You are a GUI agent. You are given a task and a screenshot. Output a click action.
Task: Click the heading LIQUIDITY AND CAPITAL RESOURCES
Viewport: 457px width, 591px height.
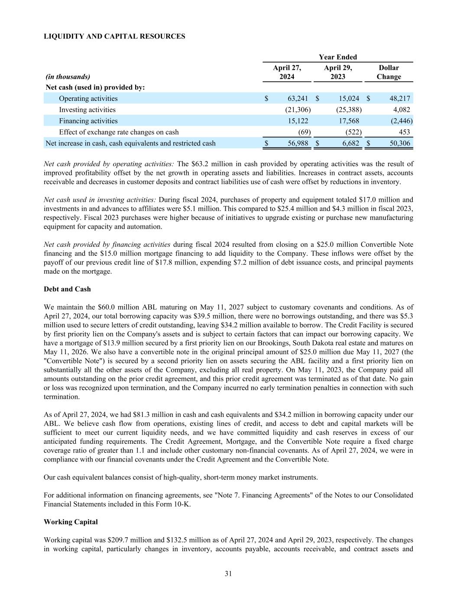point(114,36)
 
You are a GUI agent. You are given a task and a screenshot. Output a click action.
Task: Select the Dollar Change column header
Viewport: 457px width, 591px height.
point(389,72)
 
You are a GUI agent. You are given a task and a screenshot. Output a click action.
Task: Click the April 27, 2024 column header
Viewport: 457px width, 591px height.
point(287,72)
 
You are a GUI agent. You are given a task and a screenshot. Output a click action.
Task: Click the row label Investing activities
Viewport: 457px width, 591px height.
point(87,110)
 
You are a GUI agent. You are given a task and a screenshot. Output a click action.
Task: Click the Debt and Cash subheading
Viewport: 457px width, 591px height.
point(67,289)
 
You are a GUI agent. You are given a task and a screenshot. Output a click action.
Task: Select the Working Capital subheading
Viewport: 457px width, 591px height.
point(71,522)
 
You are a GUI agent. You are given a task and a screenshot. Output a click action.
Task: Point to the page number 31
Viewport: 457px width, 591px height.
point(228,574)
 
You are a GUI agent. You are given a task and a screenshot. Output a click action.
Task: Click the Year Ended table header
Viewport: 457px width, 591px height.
point(338,57)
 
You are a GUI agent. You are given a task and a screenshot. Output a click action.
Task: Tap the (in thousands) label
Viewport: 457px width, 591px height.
point(68,77)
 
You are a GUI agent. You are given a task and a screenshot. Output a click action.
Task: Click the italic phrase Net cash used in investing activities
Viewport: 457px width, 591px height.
point(100,200)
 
